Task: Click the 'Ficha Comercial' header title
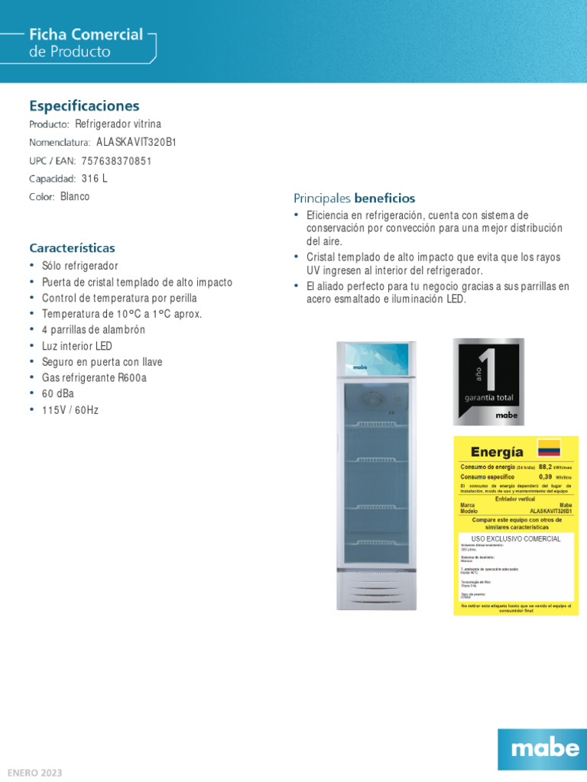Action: point(86,34)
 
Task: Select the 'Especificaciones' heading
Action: point(84,105)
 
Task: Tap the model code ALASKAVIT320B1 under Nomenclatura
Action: point(136,142)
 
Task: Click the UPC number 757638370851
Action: point(116,160)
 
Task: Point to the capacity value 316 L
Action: point(95,178)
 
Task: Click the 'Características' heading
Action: point(72,248)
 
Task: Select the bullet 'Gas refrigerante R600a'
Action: point(94,377)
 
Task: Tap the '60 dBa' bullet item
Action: point(58,393)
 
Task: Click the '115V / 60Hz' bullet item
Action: point(70,410)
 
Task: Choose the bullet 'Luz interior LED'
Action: point(77,346)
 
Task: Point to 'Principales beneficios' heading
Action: point(354,199)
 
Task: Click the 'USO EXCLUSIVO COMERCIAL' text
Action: point(515,538)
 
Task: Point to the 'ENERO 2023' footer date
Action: point(35,773)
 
